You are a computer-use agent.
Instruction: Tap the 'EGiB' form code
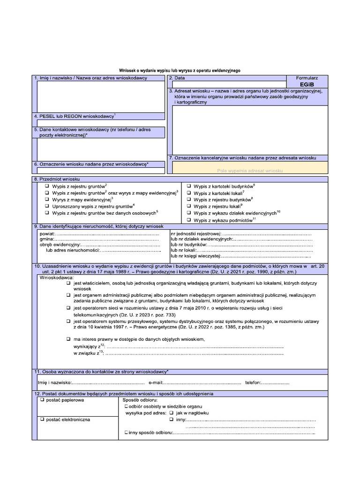coord(307,84)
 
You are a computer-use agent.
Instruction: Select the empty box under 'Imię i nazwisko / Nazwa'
coord(98,97)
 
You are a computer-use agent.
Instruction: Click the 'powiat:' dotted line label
coord(47,233)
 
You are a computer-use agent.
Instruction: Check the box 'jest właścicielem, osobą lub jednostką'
coord(68,284)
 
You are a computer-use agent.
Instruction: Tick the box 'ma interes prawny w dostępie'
coord(68,338)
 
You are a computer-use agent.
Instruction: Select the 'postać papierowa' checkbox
coord(42,401)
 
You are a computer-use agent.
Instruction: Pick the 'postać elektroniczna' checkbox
coord(42,420)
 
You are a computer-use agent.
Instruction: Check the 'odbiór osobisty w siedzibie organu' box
coord(126,407)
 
